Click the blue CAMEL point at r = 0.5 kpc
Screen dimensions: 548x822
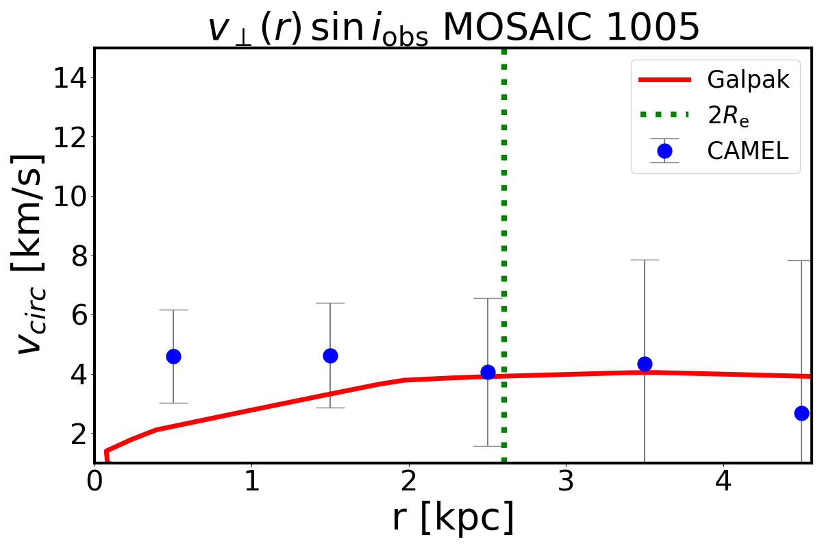(173, 356)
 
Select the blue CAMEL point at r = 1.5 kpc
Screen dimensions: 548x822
(330, 356)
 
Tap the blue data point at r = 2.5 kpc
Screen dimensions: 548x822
(488, 372)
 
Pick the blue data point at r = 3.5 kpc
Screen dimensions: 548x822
(645, 364)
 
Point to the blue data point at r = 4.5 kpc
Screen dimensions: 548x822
(801, 413)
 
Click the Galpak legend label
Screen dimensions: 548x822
(748, 80)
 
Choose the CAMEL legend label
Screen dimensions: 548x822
(747, 151)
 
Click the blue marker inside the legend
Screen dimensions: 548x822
(664, 151)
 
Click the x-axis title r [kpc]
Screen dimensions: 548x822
(453, 519)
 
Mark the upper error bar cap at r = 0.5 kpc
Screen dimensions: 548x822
(173, 310)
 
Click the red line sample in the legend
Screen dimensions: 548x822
(664, 80)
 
